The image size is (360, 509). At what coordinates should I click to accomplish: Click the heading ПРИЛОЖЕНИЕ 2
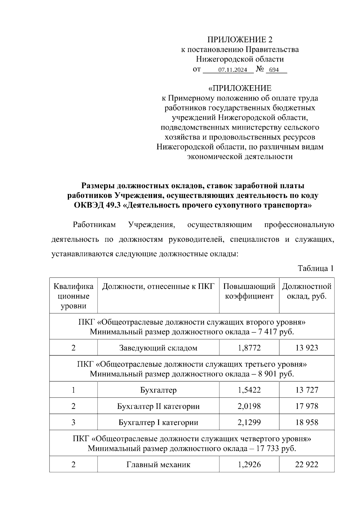[x=240, y=40]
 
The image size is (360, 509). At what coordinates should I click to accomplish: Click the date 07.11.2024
[x=232, y=70]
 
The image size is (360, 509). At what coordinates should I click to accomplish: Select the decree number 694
[x=274, y=70]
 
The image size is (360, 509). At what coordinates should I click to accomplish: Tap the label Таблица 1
[x=316, y=268]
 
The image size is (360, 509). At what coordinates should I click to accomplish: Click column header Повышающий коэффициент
[x=249, y=291]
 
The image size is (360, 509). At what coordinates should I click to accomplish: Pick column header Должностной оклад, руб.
[x=307, y=291]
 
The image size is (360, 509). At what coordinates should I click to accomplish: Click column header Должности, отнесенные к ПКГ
[x=158, y=286]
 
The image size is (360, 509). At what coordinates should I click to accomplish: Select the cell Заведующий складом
[x=158, y=348]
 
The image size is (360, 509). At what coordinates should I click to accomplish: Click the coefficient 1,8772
[x=249, y=348]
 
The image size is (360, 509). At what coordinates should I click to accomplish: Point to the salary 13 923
[x=307, y=348]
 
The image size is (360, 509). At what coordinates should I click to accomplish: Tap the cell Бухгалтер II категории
[x=158, y=406]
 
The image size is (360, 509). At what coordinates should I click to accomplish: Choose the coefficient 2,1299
[x=249, y=423]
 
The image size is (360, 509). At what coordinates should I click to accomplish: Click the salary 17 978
[x=307, y=406]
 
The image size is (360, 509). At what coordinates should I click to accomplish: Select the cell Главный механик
[x=158, y=465]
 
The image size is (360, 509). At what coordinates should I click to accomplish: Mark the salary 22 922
[x=307, y=465]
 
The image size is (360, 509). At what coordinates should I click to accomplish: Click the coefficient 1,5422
[x=249, y=390]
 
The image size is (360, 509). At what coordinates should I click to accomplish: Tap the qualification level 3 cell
[x=73, y=423]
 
